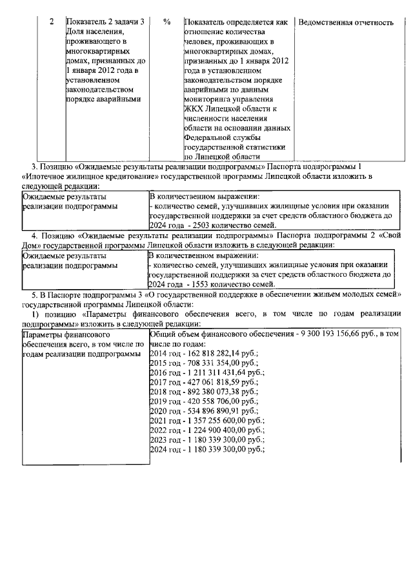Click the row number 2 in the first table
coord(52,22)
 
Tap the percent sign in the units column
coord(167,22)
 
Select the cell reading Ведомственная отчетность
coord(346,22)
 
